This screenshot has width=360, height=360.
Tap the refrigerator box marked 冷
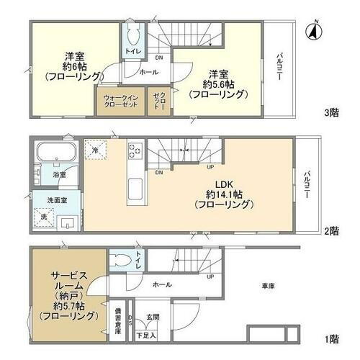(96, 150)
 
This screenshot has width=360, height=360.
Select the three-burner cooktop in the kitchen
(136, 151)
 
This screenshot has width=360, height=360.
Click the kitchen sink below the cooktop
(136, 190)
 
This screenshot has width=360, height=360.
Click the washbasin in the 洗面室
(67, 220)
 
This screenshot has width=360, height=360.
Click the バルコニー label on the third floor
(279, 68)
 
